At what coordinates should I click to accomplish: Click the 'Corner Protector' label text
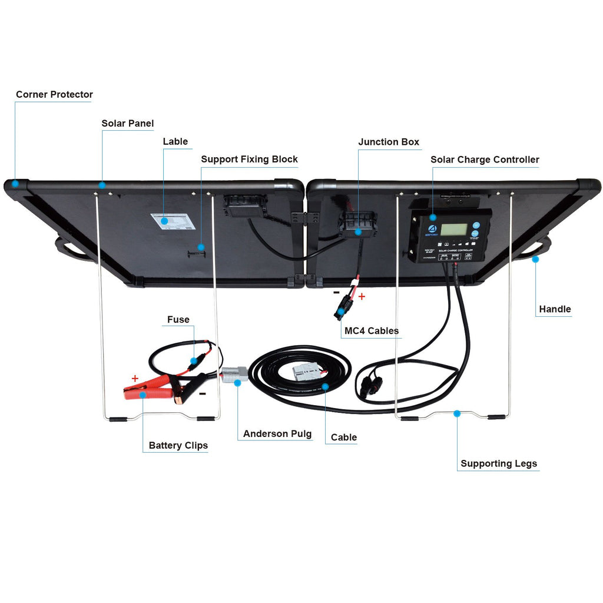coord(54,94)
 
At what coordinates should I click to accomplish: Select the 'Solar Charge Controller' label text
coord(485,160)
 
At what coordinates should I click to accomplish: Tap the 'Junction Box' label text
coord(389,142)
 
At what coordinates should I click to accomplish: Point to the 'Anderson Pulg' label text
coord(277,433)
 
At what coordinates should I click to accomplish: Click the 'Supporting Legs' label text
coord(499,463)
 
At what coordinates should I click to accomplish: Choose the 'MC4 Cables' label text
coord(371,331)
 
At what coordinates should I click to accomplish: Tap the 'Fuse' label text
coord(178,320)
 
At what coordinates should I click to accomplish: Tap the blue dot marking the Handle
coord(535,259)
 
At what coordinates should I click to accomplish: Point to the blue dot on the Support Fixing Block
coord(201,247)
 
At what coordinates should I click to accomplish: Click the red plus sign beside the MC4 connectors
coord(361,297)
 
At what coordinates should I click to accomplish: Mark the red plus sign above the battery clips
coord(135,379)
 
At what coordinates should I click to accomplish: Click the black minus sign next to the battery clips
coord(202,394)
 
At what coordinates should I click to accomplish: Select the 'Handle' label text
coord(555,309)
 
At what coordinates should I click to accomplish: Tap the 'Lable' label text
coord(175,141)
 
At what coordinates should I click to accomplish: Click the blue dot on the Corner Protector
coord(16,183)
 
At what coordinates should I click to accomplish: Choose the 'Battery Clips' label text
coord(178,445)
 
